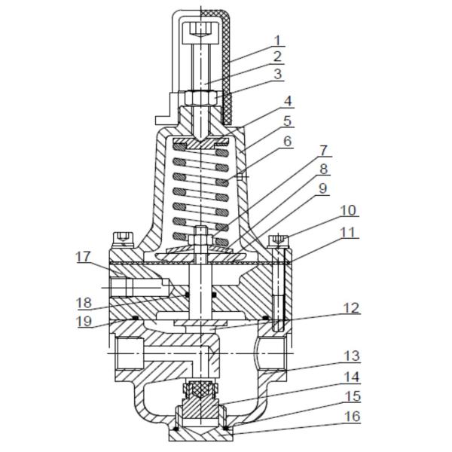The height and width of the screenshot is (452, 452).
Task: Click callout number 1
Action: coord(276,41)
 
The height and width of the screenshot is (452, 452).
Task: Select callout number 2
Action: coord(276,56)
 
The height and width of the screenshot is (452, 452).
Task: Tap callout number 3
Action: coord(276,74)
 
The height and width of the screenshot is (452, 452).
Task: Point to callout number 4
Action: coord(289,101)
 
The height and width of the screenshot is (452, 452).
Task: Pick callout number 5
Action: coord(289,120)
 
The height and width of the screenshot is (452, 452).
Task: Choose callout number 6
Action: coord(289,141)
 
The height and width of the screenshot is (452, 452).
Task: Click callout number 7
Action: coord(324,151)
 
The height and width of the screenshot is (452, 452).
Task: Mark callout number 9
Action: coord(324,189)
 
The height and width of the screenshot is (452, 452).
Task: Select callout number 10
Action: coord(347,211)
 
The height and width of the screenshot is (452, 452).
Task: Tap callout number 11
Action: coord(347,232)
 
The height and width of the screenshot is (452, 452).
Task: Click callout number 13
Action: coord(351,356)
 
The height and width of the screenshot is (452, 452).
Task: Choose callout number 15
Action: coord(351,396)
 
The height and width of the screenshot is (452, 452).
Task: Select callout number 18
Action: coord(84,303)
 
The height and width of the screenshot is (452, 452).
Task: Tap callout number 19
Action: coord(84,322)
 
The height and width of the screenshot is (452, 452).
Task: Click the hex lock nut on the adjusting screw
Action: coord(200,99)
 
